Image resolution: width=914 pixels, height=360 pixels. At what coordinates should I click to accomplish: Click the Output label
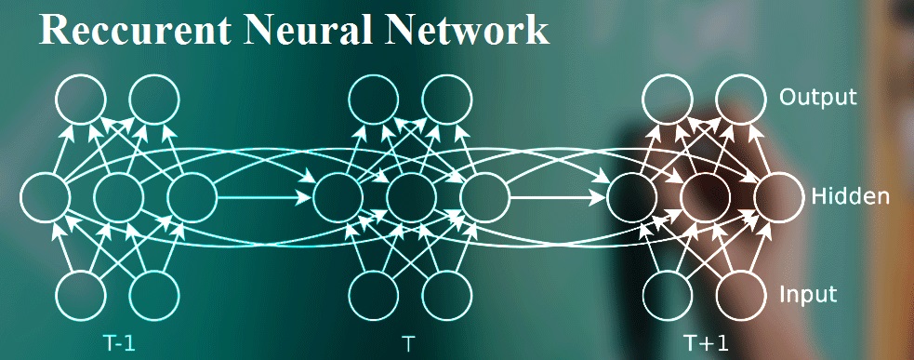817,97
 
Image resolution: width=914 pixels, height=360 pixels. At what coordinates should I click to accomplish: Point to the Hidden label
851,196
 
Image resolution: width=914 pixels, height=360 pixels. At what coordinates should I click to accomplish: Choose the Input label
809,296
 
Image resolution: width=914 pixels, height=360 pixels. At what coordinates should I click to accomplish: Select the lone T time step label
409,342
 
